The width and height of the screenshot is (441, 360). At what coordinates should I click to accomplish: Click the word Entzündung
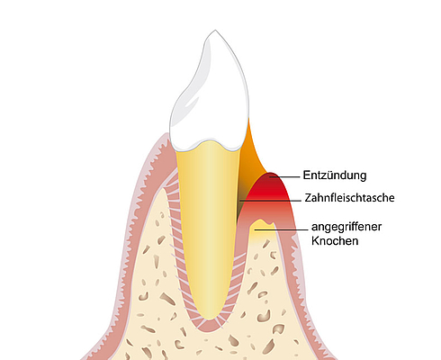point(335,175)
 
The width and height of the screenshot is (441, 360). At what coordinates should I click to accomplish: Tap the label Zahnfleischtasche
point(349,198)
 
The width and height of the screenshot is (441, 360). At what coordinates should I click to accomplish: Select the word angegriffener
point(346,227)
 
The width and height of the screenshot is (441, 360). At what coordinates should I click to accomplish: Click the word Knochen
point(335,241)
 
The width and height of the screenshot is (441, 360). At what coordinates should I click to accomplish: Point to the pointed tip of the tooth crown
point(215,30)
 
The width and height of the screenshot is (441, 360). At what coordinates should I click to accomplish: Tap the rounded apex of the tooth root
point(210,318)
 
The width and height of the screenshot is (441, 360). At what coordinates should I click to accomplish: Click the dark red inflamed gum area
point(268,187)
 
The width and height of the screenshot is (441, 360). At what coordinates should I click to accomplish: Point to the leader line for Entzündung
point(284,176)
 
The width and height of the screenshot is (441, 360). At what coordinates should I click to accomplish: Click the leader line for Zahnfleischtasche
point(270,200)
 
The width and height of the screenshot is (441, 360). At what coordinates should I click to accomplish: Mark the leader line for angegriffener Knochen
point(281,230)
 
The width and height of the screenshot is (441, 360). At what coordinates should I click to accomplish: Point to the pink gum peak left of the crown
point(165,137)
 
